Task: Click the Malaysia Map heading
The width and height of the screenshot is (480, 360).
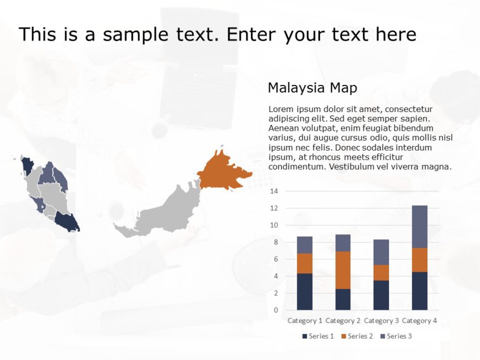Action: click(x=312, y=88)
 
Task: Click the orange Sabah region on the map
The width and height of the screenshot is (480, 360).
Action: click(x=222, y=170)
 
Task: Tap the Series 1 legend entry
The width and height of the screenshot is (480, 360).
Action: click(x=318, y=336)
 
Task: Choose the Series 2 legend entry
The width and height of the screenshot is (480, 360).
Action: click(x=357, y=336)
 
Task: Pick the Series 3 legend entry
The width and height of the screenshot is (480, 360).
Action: click(x=396, y=336)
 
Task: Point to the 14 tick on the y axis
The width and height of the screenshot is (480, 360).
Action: click(x=274, y=191)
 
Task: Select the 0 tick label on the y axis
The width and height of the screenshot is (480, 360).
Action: click(x=275, y=310)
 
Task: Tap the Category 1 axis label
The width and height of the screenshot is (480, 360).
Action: click(x=305, y=320)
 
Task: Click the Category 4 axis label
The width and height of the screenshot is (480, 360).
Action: click(x=419, y=320)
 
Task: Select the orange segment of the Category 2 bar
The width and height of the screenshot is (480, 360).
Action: click(x=343, y=270)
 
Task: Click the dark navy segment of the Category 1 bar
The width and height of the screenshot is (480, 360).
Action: click(x=305, y=292)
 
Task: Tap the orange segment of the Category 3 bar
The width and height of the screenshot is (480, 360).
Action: click(x=381, y=272)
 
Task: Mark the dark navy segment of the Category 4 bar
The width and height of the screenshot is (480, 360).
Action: click(x=419, y=291)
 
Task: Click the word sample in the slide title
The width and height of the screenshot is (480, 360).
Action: click(x=134, y=35)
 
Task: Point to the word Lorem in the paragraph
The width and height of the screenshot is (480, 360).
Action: click(x=280, y=109)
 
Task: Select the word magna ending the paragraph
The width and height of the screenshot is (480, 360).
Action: click(x=438, y=166)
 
